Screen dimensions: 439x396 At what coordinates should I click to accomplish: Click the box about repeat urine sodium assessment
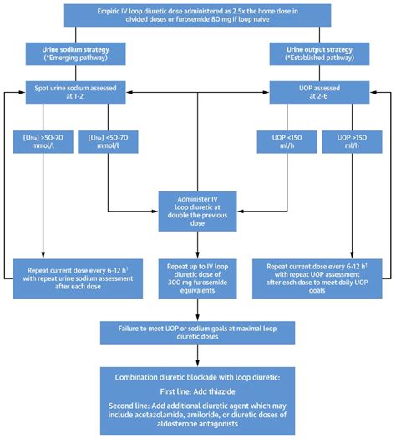tap(81, 277)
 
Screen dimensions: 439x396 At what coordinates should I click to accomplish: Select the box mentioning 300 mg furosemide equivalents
tap(198, 277)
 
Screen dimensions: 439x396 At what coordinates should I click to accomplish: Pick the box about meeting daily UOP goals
tap(316, 277)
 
